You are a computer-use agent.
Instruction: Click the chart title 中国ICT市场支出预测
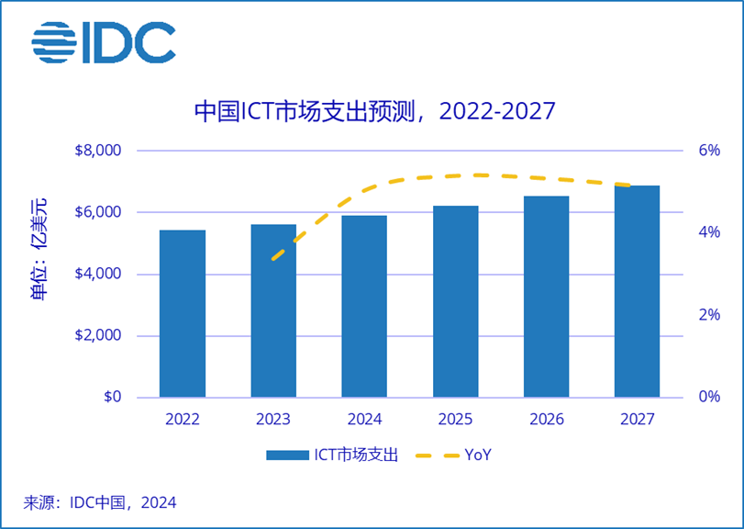pos(374,111)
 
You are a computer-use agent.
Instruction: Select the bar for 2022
pos(182,314)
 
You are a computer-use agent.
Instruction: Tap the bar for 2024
pos(363,307)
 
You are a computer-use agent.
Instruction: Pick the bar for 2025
pos(455,302)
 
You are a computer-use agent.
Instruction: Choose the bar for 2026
pos(546,297)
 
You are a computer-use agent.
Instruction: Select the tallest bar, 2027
pos(637,292)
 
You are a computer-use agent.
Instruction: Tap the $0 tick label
pos(111,398)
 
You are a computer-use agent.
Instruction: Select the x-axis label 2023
pos(272,420)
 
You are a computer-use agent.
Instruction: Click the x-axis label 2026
pos(546,420)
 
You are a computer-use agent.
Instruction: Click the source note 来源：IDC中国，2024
pos(99,502)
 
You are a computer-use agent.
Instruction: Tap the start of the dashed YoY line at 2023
pos(273,259)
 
